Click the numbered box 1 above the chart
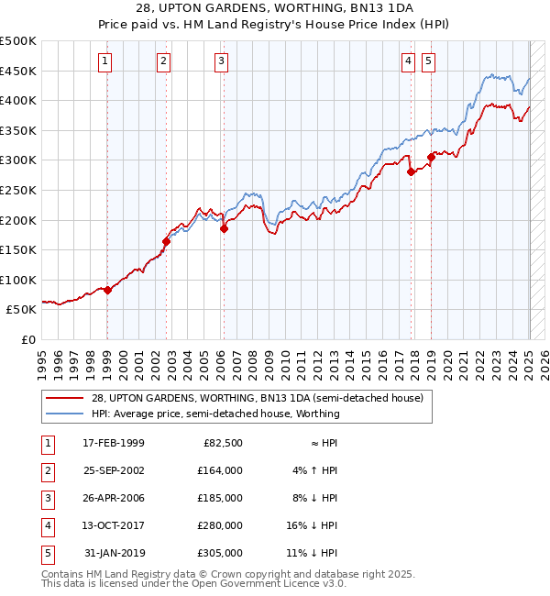click(x=105, y=61)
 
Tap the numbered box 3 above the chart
click(x=222, y=61)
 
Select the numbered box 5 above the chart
click(x=429, y=61)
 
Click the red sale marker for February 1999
click(x=107, y=290)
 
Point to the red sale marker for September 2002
click(x=166, y=241)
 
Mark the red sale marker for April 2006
click(x=224, y=229)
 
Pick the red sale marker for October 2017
click(x=411, y=172)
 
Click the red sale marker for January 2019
click(x=431, y=157)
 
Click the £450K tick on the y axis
click(x=18, y=71)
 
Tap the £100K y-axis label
click(x=18, y=280)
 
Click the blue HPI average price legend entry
click(x=215, y=414)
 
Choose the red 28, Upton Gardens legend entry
click(x=257, y=398)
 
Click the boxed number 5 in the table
click(x=47, y=553)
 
